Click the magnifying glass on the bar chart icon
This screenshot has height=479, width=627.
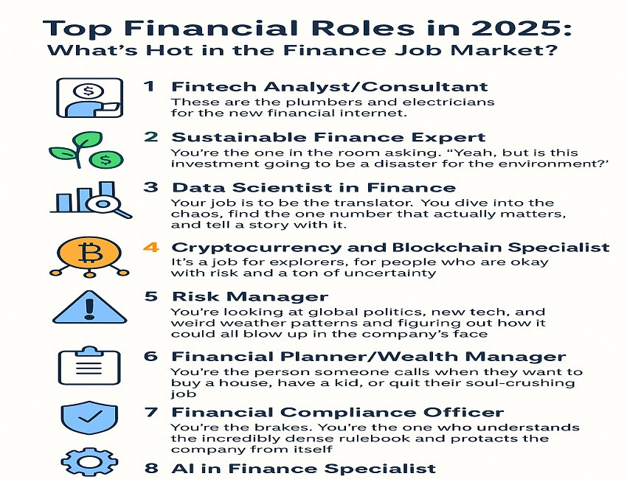coord(108,203)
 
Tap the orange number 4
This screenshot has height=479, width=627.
coord(150,247)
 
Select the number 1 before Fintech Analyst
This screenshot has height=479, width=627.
coord(150,86)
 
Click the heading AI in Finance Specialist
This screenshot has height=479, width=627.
coord(303,468)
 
